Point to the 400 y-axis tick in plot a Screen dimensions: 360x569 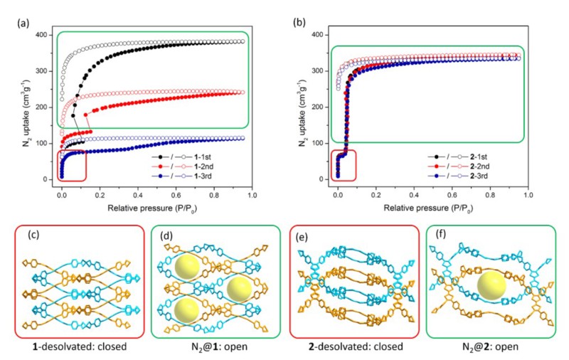pyautogui.click(x=44, y=34)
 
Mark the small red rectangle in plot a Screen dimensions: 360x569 pyautogui.click(x=72, y=166)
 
